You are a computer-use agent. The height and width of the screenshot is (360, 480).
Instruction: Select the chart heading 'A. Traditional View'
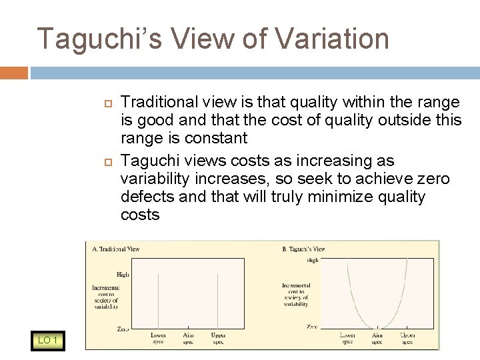point(116,249)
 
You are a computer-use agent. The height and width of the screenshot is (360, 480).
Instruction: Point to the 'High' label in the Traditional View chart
point(123,273)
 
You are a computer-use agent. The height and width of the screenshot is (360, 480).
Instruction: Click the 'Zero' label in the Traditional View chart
point(123,329)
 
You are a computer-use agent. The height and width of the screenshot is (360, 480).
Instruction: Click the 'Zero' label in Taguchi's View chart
point(311,327)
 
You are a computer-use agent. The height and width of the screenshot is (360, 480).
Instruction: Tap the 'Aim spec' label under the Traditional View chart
point(189,338)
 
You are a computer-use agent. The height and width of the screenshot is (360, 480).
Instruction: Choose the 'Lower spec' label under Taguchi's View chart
point(347,337)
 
